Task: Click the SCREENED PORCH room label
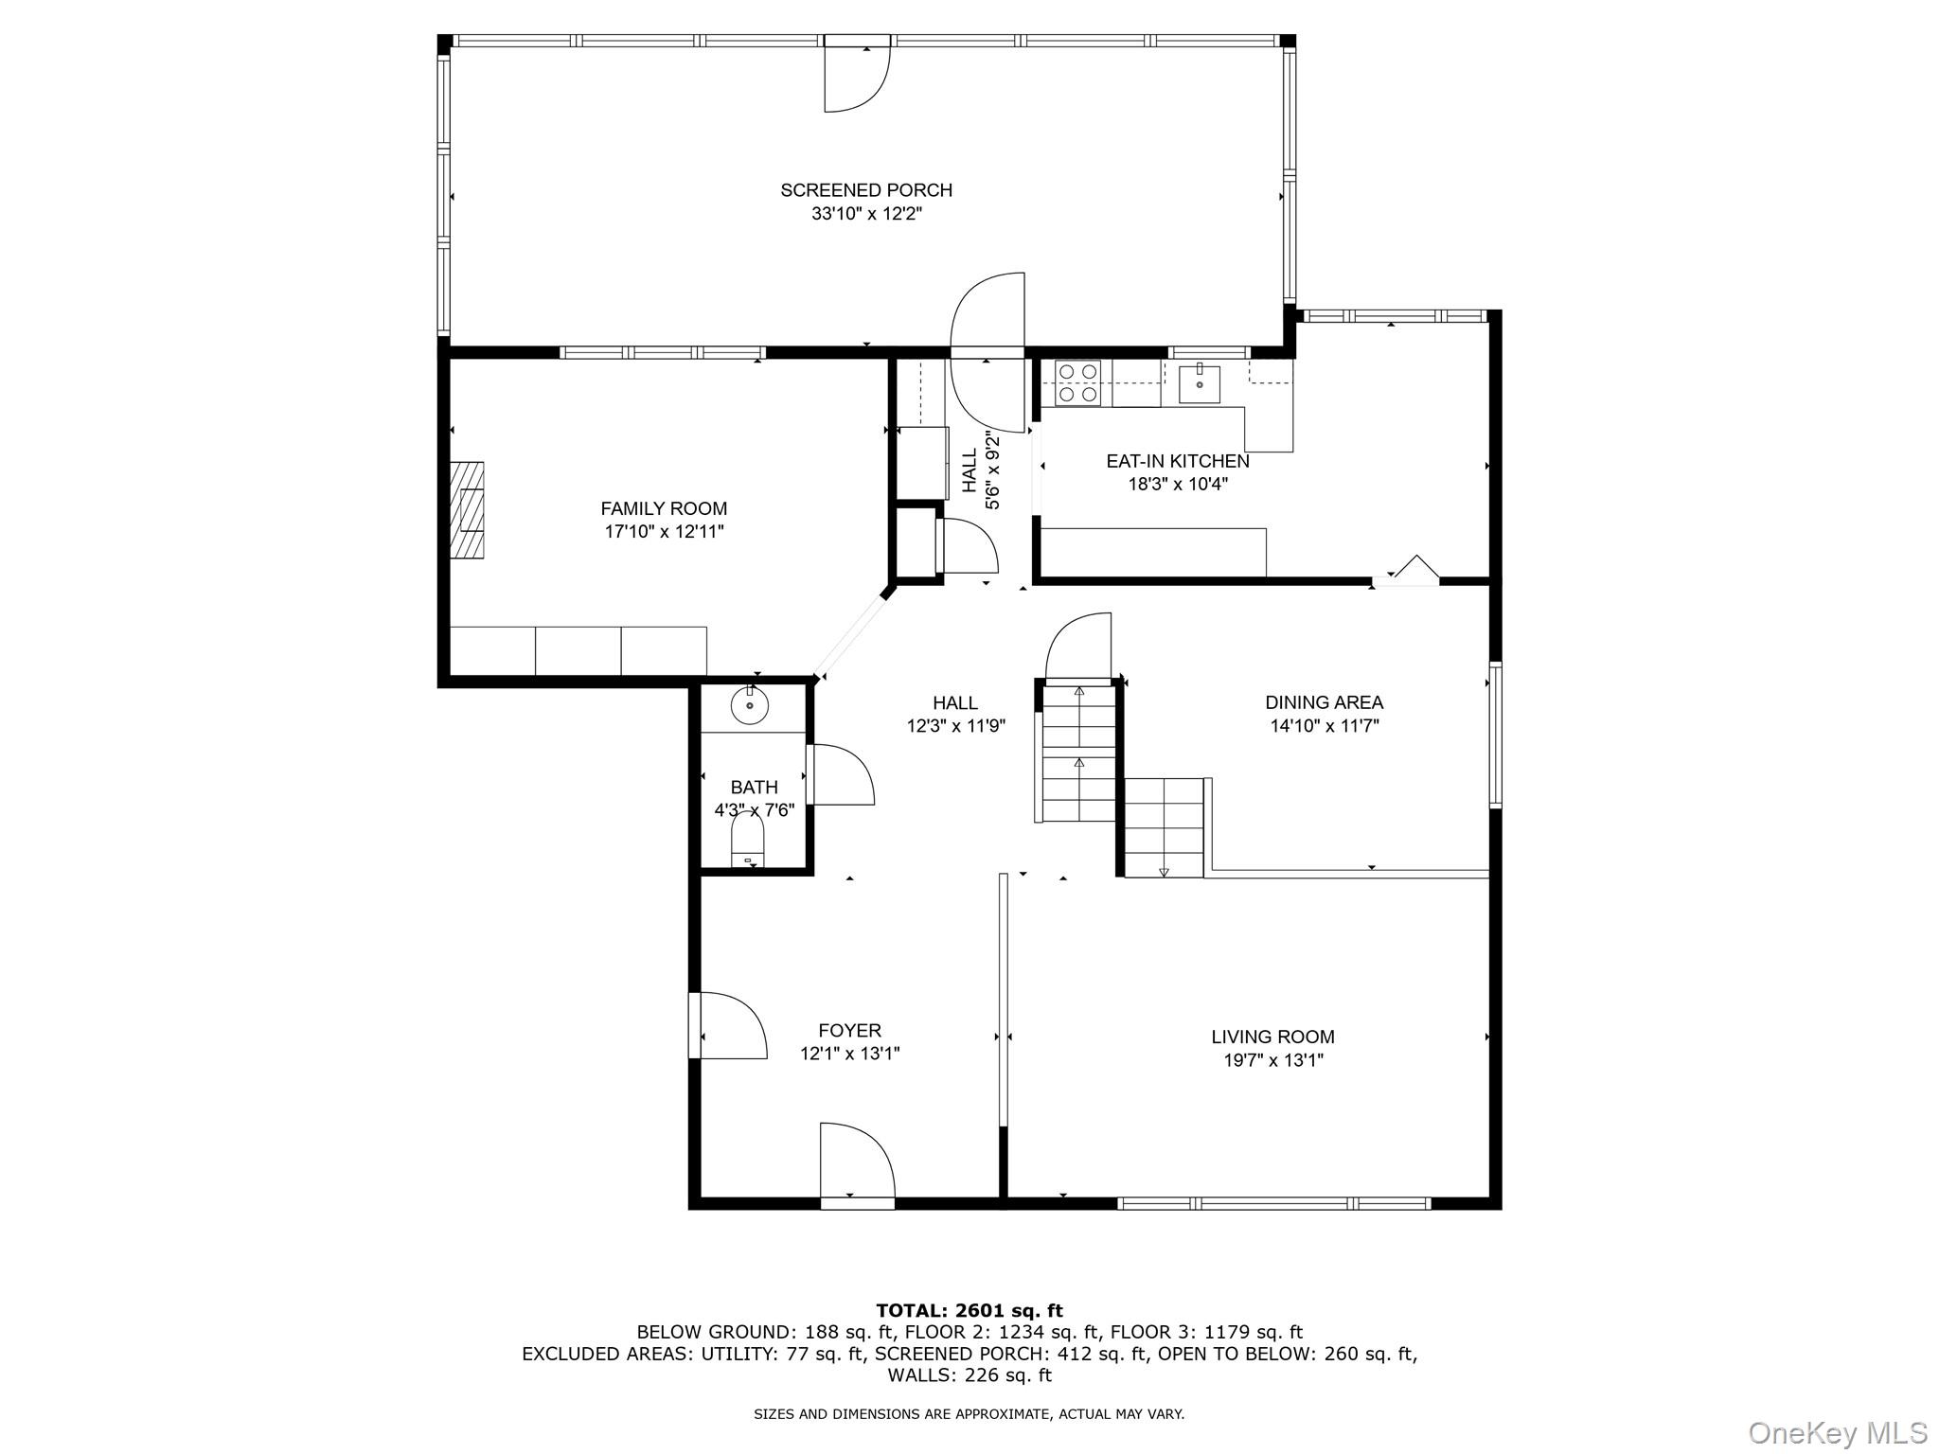coord(866,190)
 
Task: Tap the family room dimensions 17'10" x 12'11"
coord(665,532)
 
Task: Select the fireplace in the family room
coord(467,513)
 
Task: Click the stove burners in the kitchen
coord(1077,383)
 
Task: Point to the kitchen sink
coord(1199,383)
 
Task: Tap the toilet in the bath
coord(748,841)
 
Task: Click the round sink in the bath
coord(750,704)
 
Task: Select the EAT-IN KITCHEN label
coord(1178,462)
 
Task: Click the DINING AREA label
coord(1325,702)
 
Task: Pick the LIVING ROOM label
coord(1273,1037)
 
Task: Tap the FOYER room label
coord(850,1030)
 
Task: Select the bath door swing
coord(841,775)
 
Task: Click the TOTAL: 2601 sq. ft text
coord(969,1311)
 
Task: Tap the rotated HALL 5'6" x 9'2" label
coord(982,470)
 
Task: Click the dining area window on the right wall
coord(1495,735)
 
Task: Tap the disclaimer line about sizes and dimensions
coord(969,1414)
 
